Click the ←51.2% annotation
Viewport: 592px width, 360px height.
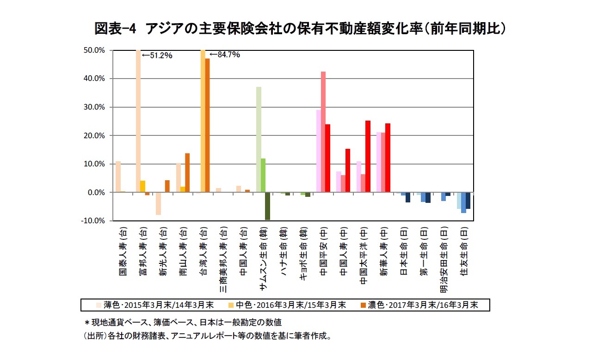click(157, 55)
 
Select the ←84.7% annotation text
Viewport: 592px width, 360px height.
click(225, 55)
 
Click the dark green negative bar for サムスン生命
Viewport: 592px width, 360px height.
click(267, 206)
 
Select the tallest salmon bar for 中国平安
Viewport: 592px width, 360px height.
click(323, 132)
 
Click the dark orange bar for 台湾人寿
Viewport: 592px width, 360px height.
click(207, 125)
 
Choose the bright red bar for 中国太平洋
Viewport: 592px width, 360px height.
click(368, 157)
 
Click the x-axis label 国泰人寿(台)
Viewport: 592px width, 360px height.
click(122, 251)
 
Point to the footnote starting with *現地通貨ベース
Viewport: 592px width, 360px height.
click(183, 322)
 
